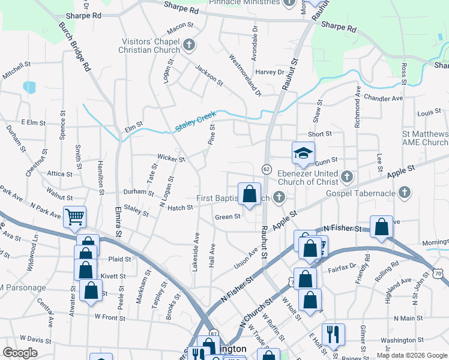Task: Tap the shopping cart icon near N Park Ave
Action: point(74,217)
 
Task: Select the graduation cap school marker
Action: point(303,153)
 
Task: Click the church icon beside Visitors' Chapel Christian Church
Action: point(188,44)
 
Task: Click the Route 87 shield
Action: point(214,332)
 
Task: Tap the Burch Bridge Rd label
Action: point(74,46)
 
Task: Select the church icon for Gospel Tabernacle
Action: point(405,193)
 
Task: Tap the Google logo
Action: point(20,353)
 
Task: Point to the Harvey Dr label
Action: point(269,72)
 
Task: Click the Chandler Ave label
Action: point(383,98)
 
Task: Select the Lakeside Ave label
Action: point(196,250)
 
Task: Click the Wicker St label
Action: point(170,158)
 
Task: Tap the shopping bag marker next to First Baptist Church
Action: point(249,194)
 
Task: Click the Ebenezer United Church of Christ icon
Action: point(346,177)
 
